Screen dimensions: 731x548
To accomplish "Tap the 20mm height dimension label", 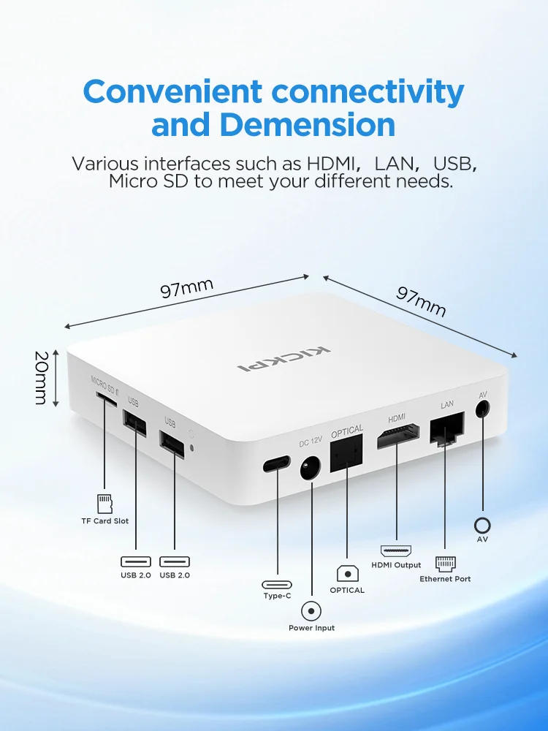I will click(x=41, y=378).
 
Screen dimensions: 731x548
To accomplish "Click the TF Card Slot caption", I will click(x=104, y=521).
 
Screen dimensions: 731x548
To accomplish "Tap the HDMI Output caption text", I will click(x=396, y=565).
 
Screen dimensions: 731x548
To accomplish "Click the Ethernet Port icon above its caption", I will click(x=445, y=563).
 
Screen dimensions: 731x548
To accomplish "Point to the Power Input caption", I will click(x=312, y=628).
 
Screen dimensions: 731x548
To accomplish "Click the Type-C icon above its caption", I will click(x=278, y=584).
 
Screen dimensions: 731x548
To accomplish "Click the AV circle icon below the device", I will click(x=482, y=525).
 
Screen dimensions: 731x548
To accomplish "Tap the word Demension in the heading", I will click(x=308, y=125).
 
